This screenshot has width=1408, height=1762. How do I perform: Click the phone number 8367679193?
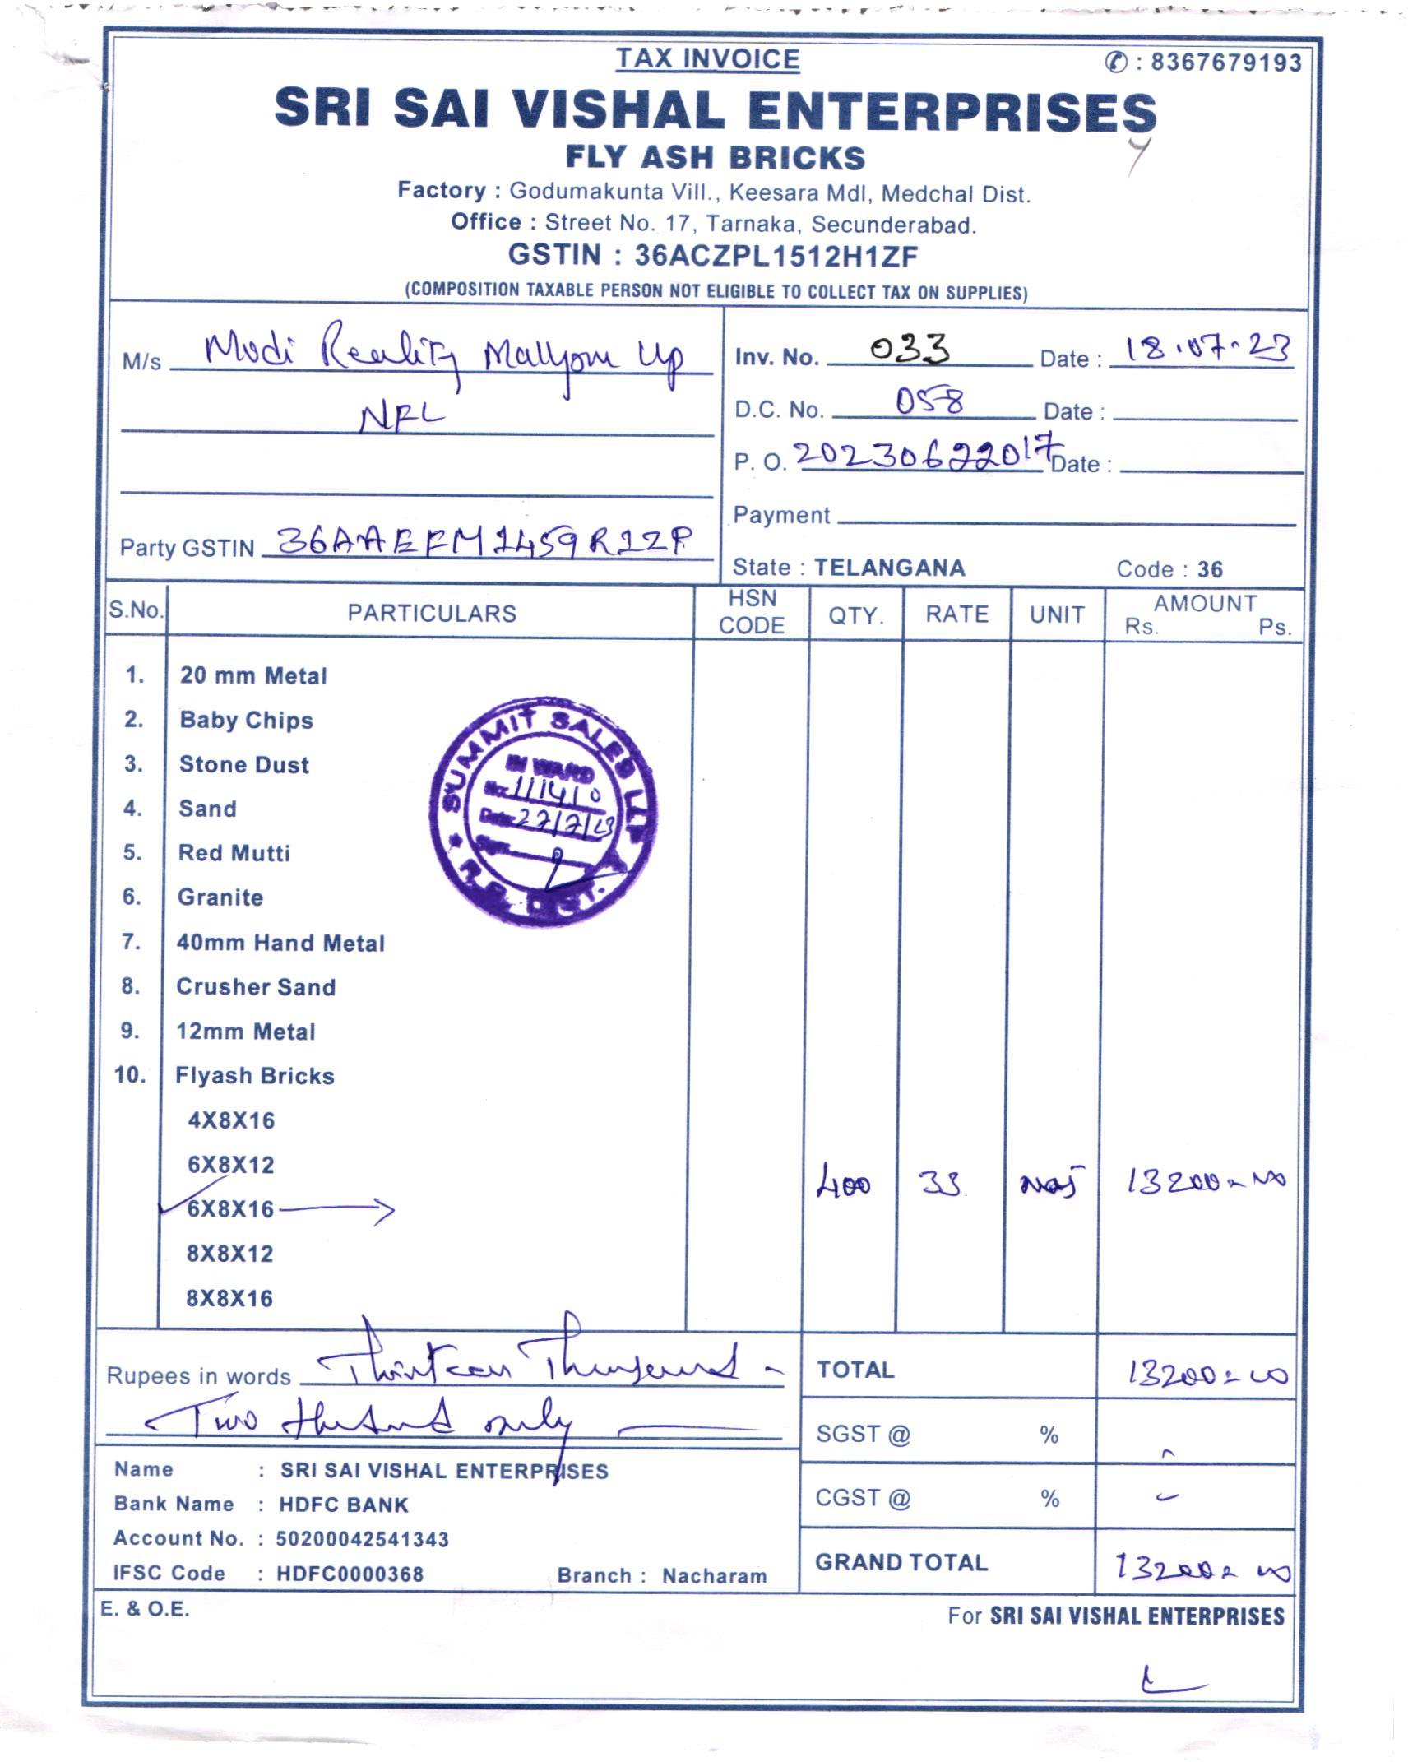point(1225,63)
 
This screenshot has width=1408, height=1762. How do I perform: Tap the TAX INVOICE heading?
point(707,58)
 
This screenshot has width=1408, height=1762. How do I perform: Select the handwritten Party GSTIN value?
point(485,541)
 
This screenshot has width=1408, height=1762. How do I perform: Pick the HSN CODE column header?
point(752,612)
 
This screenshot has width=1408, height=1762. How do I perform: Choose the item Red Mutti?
point(234,853)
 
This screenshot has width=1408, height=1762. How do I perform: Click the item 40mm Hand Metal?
point(280,943)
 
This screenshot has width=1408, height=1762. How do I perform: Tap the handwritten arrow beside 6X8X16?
point(337,1210)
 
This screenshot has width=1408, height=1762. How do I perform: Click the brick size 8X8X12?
point(229,1254)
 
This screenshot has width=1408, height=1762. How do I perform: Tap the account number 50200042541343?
point(363,1539)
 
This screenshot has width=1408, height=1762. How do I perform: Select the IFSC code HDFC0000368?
point(350,1574)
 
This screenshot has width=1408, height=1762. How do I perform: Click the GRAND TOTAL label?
point(901,1562)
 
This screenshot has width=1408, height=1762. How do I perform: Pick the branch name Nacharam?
point(714,1575)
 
